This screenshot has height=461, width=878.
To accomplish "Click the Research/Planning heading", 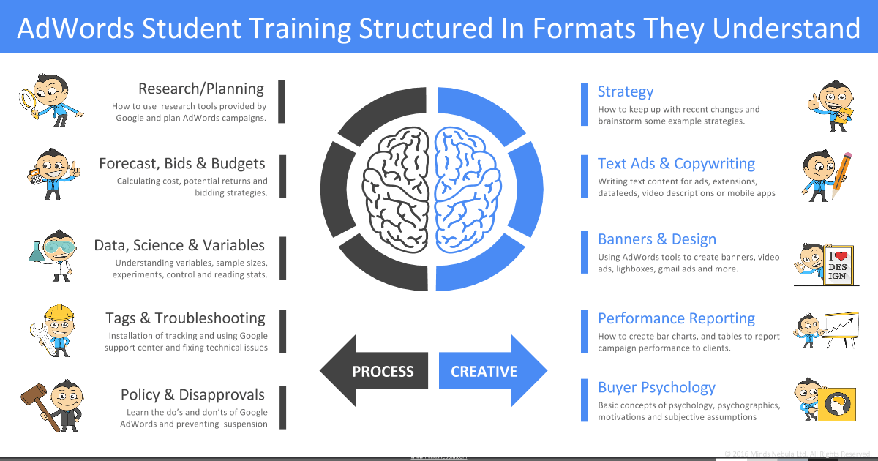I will (x=200, y=89).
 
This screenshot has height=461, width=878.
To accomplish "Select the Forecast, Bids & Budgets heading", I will (x=181, y=163).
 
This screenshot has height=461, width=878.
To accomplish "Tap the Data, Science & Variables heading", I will (x=179, y=245).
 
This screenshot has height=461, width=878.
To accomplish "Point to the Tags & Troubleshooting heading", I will (x=185, y=318).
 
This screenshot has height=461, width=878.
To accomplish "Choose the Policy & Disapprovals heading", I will (x=192, y=395).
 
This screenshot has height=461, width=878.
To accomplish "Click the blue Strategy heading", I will (x=626, y=91).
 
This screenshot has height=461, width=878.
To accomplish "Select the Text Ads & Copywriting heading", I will (x=676, y=164).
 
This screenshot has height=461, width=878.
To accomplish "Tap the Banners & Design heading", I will (x=657, y=239).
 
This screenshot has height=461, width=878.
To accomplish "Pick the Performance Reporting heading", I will (x=676, y=318).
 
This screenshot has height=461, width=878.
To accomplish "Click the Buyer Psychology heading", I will (x=656, y=388).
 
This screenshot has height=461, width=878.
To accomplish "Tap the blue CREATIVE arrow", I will (x=491, y=371).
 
